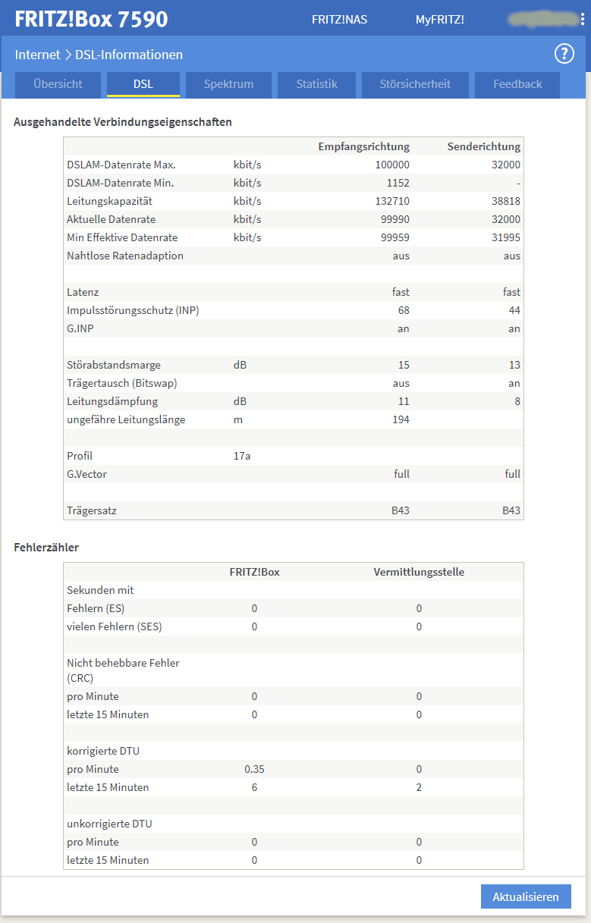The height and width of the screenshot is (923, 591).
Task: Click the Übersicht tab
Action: [58, 84]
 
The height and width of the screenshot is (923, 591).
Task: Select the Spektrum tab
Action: [228, 84]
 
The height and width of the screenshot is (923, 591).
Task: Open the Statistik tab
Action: [317, 84]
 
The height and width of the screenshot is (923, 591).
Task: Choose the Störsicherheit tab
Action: [415, 84]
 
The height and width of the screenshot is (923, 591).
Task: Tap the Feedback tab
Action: [517, 84]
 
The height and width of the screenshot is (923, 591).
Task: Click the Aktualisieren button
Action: [526, 896]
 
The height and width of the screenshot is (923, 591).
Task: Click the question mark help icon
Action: [564, 54]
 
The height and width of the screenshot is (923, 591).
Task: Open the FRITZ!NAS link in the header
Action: [339, 20]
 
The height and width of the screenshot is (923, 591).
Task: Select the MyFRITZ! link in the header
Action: [439, 20]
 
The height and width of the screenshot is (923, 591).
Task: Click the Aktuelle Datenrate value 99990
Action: [394, 219]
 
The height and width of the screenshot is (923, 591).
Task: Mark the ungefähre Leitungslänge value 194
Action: [400, 419]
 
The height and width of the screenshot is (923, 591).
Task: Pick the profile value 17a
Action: [242, 456]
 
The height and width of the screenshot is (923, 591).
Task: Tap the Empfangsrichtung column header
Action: [363, 146]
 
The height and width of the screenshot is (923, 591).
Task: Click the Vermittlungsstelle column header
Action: [419, 572]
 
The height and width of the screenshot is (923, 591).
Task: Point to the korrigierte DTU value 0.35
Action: [254, 769]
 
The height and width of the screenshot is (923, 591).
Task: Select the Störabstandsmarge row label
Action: [114, 365]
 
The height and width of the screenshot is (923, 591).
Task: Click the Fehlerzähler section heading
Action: [46, 547]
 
